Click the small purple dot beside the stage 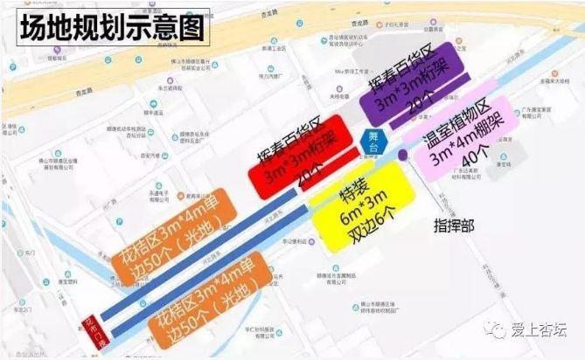(402, 156)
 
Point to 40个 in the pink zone (479, 162)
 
